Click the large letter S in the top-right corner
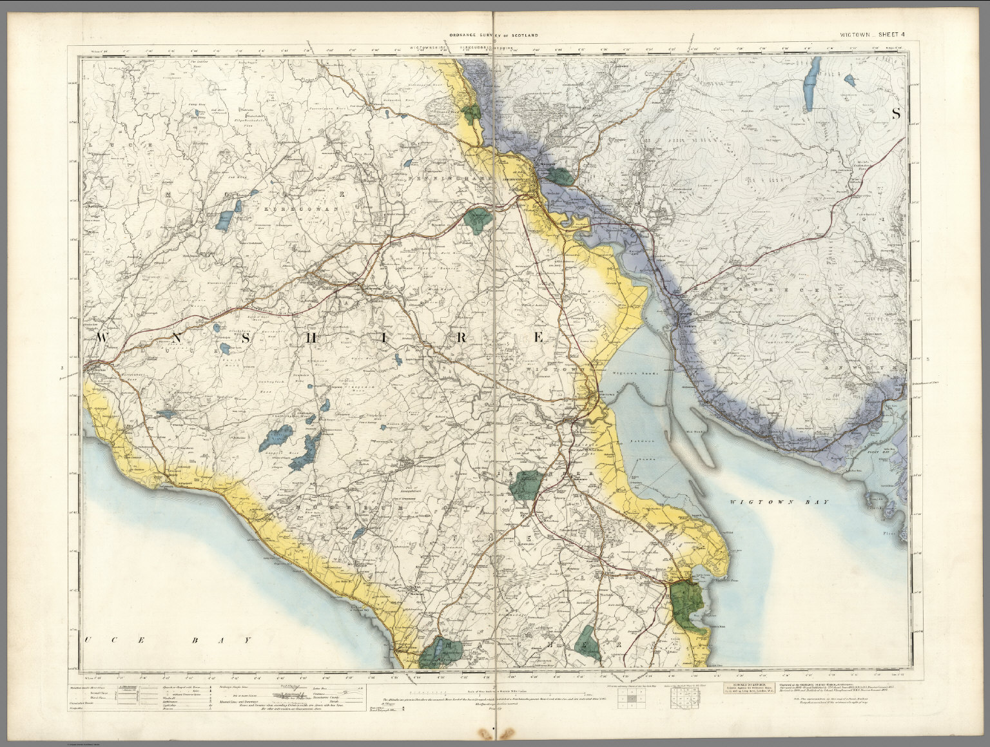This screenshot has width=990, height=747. point(895,113)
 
